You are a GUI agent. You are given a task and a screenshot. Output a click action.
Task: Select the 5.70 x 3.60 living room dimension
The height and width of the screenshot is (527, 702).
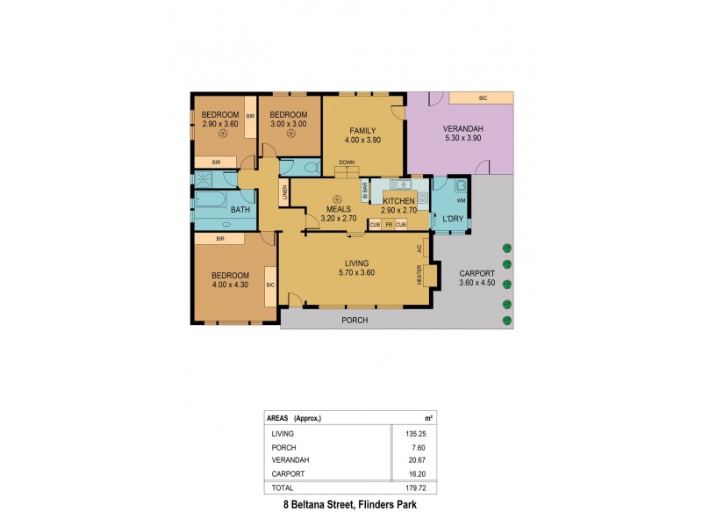pos(356,272)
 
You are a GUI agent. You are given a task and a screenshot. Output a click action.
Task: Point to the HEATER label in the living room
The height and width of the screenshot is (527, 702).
pos(419,274)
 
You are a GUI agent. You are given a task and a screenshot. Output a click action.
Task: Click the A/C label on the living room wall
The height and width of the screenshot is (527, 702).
pos(419,249)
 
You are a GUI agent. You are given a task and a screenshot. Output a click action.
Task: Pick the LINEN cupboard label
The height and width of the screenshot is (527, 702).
pos(284,192)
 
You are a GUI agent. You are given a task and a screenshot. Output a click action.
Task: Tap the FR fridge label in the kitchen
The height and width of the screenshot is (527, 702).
pos(388,225)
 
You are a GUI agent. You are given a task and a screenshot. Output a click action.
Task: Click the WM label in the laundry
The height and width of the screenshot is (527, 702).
pos(461,201)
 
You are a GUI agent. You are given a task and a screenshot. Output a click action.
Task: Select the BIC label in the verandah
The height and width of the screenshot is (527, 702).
pos(483,97)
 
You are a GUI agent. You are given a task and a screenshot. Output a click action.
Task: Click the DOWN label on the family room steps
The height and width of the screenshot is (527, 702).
pos(347,162)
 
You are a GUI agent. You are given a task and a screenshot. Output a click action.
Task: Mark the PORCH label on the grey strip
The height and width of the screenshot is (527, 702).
pos(355,321)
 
